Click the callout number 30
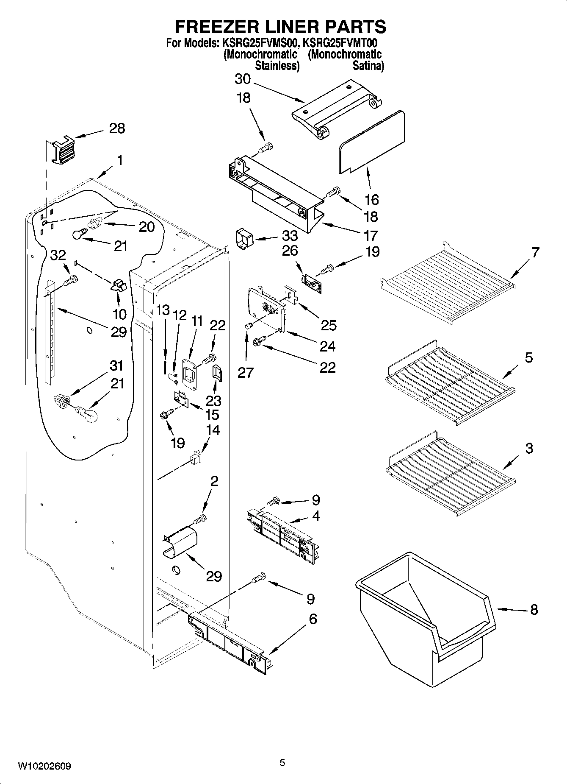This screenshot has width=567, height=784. [243, 79]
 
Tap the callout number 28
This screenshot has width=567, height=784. [117, 128]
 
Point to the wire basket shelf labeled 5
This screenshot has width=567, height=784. [449, 384]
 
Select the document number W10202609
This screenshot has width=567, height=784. [44, 767]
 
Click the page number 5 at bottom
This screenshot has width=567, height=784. [282, 763]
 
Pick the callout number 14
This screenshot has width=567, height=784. [213, 430]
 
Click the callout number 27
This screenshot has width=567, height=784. [246, 372]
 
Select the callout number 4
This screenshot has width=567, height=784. [316, 516]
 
